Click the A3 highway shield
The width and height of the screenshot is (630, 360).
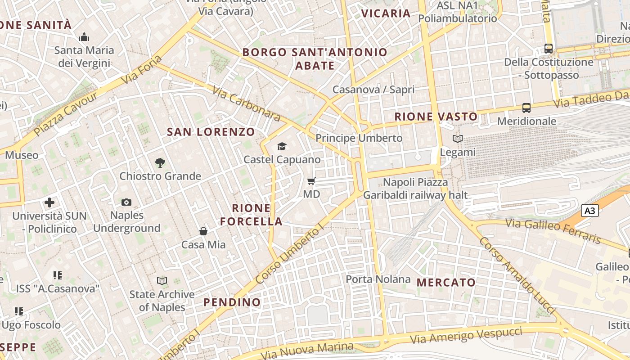click(x=589, y=210)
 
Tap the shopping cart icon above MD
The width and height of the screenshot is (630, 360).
click(x=311, y=181)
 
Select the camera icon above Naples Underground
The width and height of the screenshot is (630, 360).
click(x=126, y=202)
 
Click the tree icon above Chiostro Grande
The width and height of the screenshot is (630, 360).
click(x=160, y=163)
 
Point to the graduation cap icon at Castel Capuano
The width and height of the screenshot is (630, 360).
click(x=282, y=146)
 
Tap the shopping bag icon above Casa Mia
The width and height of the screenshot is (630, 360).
click(x=203, y=232)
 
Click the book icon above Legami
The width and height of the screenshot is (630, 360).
click(x=457, y=139)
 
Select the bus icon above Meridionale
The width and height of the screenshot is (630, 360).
click(x=526, y=108)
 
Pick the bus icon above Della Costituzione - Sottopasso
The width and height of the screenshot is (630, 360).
click(x=549, y=49)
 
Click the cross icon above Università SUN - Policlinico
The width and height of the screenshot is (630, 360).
click(x=49, y=202)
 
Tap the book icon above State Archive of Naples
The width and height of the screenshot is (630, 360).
click(x=162, y=281)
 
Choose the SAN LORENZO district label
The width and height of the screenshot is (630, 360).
click(x=211, y=132)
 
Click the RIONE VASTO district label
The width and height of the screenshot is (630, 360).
click(x=436, y=117)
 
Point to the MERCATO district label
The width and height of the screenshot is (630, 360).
click(x=446, y=283)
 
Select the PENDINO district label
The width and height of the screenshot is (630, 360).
click(x=232, y=302)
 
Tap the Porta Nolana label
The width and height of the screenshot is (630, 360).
click(x=378, y=279)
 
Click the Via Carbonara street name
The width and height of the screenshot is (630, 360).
click(x=247, y=105)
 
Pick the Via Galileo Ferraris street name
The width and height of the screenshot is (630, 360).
click(x=553, y=230)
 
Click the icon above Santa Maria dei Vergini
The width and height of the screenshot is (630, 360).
click(x=84, y=37)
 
